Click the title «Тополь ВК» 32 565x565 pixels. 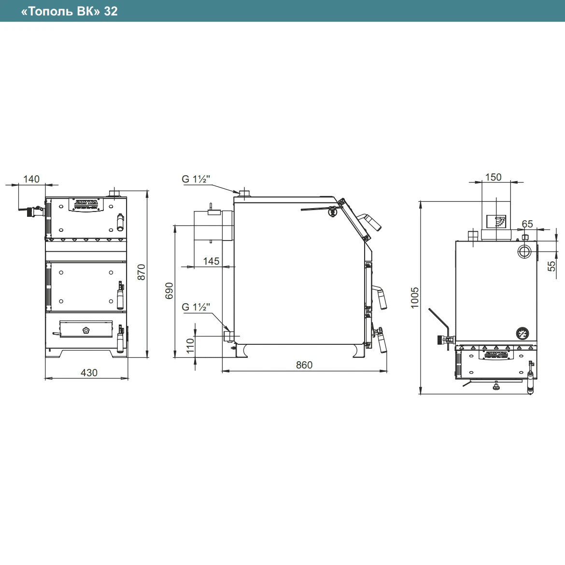pos(69,11)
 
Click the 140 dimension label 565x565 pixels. pos(31,179)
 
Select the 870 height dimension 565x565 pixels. pos(141,272)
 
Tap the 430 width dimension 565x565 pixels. pos(89,373)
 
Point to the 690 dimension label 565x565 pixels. pos(169,291)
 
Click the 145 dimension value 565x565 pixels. pos(211,261)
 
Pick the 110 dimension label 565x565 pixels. pos(190,346)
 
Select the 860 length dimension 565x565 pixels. pos(304,365)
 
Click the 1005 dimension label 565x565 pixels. pos(415,297)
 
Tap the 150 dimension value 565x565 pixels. pos(494,177)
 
